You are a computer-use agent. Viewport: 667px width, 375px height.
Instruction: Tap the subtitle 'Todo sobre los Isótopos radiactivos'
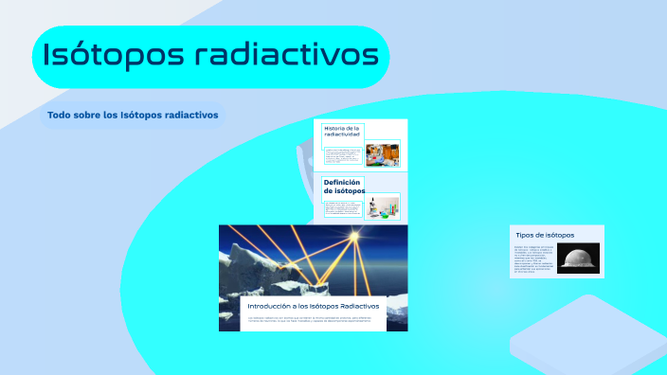tap(133, 116)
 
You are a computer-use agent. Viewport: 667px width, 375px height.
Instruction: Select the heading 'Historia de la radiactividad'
tap(342, 132)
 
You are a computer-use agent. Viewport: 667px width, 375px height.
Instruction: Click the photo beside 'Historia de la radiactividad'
tap(383, 153)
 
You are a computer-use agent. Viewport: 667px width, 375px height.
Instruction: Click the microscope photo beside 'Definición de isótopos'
tap(383, 205)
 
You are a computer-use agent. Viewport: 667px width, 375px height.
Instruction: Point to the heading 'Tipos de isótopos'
tap(544, 234)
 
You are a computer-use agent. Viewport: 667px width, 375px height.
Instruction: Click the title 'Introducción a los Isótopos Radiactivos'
tap(313, 307)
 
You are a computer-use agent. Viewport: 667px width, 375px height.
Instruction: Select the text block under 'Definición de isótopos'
tap(343, 207)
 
